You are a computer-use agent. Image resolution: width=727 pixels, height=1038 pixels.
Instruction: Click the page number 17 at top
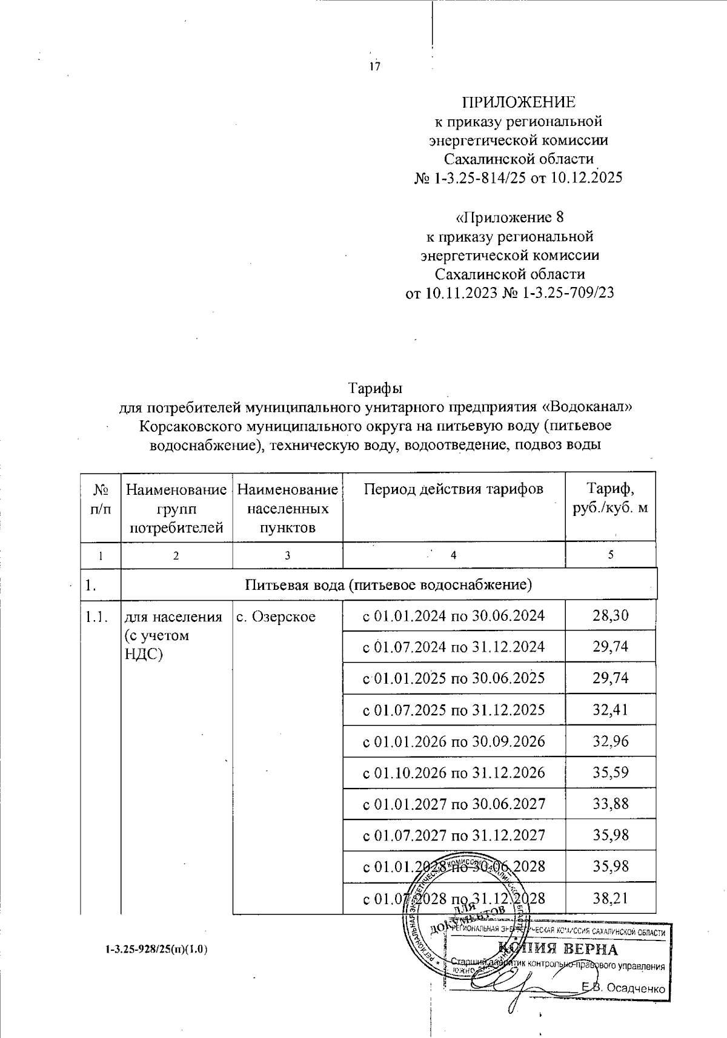click(375, 67)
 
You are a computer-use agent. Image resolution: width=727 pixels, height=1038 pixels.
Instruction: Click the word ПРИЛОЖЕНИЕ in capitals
click(519, 102)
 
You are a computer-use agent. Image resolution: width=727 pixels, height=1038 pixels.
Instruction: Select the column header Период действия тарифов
click(453, 489)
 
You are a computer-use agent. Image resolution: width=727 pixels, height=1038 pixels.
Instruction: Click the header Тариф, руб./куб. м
click(610, 498)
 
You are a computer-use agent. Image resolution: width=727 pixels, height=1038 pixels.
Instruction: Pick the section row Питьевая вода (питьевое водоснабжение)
click(388, 585)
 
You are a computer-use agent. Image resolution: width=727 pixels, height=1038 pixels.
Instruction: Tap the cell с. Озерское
click(276, 617)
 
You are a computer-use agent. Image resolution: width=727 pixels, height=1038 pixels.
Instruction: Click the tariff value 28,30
click(611, 616)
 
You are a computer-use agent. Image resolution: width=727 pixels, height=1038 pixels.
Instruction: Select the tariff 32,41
click(611, 710)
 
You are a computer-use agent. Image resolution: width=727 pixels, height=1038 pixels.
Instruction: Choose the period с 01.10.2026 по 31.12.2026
click(454, 773)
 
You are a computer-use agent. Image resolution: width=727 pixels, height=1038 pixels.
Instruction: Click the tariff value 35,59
click(611, 773)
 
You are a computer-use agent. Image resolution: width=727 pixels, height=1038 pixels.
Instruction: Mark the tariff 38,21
click(611, 898)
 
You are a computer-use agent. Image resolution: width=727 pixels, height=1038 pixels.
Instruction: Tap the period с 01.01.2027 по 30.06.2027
click(454, 804)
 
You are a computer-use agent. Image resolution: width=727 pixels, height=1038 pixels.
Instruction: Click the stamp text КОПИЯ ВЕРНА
click(557, 949)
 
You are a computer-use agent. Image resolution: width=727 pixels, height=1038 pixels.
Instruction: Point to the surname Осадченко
click(636, 988)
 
